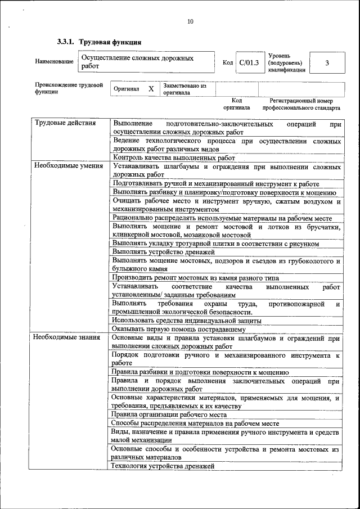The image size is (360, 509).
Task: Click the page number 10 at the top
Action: [190, 21]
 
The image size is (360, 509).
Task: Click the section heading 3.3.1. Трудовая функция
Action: [99, 42]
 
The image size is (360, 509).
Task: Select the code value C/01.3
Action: [248, 62]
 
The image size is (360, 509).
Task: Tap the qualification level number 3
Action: [327, 62]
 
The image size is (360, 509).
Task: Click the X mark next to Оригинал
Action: [151, 89]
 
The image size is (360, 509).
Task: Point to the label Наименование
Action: [54, 62]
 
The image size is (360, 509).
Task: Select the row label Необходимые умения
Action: [68, 166]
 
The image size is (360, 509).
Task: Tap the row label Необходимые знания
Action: [66, 338]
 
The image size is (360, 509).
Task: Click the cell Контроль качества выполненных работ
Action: [174, 157]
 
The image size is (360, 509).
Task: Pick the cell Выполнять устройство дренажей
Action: [164, 252]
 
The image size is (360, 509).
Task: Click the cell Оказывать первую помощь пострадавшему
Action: [178, 329]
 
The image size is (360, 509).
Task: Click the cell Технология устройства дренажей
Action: [163, 466]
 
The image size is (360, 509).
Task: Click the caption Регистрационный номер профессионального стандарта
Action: [301, 104]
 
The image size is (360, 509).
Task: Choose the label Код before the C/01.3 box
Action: [228, 62]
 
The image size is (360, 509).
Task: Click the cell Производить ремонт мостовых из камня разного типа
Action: [195, 278]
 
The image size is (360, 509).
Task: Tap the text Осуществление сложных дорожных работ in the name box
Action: [138, 62]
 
